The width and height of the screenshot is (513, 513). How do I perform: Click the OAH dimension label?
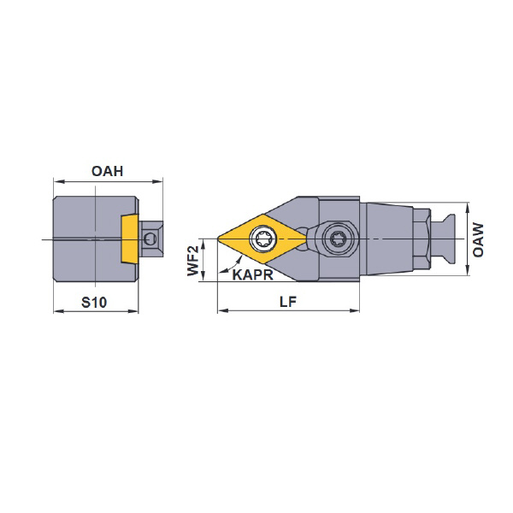pos(108,171)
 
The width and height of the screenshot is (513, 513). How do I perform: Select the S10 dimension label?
pos(94,303)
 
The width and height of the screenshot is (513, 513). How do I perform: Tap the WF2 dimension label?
pos(193,261)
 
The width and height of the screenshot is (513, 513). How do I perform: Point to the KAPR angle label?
pos(252,274)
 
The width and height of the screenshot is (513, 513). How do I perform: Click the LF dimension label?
pos(288,302)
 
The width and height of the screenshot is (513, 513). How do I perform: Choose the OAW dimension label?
pos(478,239)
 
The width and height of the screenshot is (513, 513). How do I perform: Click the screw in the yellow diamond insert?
pos(263,239)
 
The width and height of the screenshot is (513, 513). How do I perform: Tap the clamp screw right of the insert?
pos(337,239)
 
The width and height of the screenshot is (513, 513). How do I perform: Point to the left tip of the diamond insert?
pos(218,239)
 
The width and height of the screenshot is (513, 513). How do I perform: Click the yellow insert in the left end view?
pos(130,239)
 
